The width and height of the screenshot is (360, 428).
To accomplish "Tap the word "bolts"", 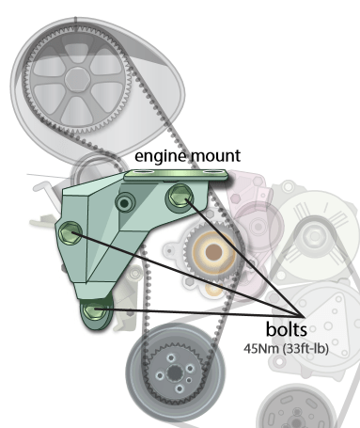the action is pyautogui.click(x=287, y=329).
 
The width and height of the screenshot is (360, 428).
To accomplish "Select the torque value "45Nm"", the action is pyautogui.click(x=261, y=349).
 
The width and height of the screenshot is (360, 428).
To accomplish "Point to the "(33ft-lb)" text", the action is pyautogui.click(x=305, y=349).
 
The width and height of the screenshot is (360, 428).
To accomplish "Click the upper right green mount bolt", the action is pyautogui.click(x=180, y=196).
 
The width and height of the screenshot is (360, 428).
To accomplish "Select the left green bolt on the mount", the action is pyautogui.click(x=70, y=233).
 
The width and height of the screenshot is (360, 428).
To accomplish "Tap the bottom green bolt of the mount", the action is pyautogui.click(x=95, y=310).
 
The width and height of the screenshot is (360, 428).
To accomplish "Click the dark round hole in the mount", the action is pyautogui.click(x=125, y=203).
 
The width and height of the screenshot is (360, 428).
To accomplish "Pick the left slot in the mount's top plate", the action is pyautogui.click(x=143, y=172).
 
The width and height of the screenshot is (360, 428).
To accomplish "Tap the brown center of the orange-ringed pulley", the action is pyautogui.click(x=213, y=252).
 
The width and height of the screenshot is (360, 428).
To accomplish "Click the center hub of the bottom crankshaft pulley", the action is pyautogui.click(x=175, y=373).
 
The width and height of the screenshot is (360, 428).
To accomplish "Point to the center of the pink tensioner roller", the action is pyautogui.click(x=258, y=227).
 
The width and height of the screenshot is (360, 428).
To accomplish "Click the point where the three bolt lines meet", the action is pyautogui.click(x=304, y=316).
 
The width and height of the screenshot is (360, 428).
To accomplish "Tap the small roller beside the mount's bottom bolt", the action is pyautogui.click(x=135, y=274).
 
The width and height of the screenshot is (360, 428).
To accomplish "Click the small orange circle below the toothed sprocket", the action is pyautogui.click(x=214, y=290).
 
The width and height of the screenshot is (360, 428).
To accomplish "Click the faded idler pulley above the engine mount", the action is pyautogui.click(x=94, y=171).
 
